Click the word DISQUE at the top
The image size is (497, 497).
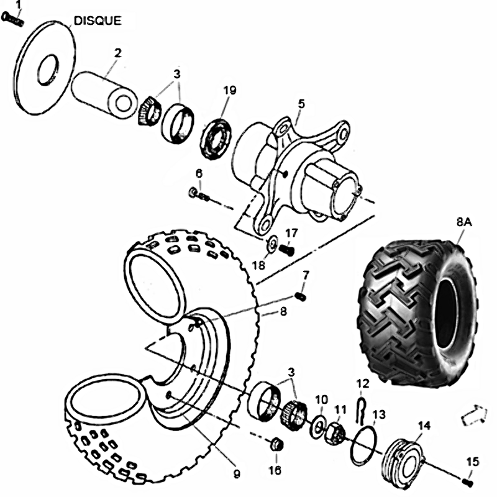(x=98, y=21)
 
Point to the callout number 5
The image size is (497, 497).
(x=301, y=103)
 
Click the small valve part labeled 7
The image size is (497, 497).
(x=301, y=296)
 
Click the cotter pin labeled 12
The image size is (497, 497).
(x=360, y=406)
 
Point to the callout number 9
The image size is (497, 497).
(x=237, y=474)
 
